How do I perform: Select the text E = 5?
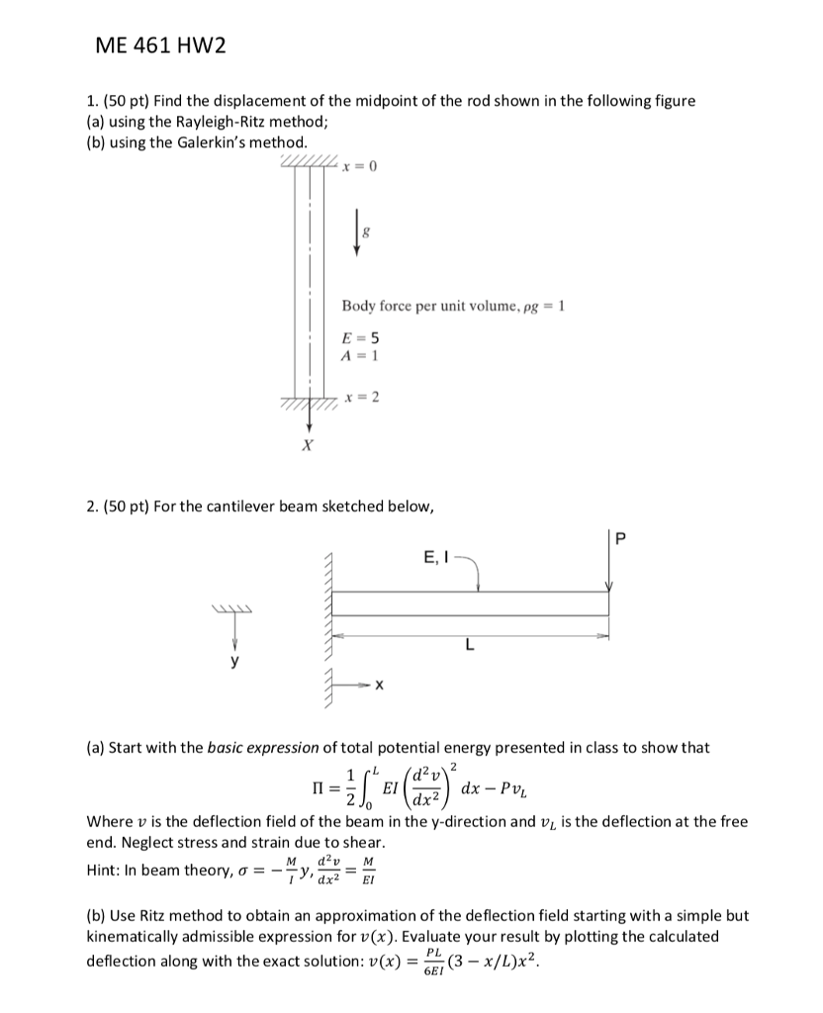click(x=357, y=331)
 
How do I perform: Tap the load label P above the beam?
click(x=621, y=538)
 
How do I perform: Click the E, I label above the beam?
click(x=439, y=556)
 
